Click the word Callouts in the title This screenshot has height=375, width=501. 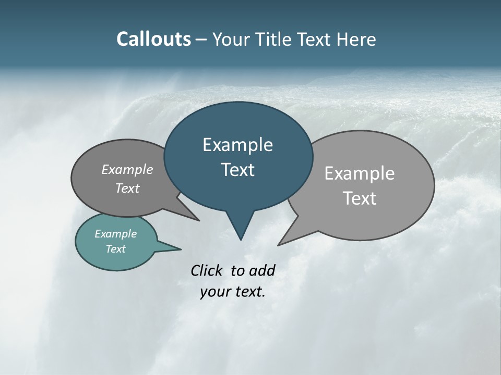pos(153,39)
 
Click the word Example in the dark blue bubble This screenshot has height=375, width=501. pos(237,145)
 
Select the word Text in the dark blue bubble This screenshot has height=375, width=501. pos(237,170)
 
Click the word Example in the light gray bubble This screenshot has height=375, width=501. pos(359,173)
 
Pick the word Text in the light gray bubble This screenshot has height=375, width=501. pos(360,198)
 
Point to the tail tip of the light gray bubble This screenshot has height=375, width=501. pos(280,244)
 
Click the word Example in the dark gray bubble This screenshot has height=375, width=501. pos(127,169)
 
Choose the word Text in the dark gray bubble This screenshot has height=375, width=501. pos(127,188)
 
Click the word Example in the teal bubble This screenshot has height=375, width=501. pos(115,234)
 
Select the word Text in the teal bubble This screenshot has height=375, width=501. pos(115,249)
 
